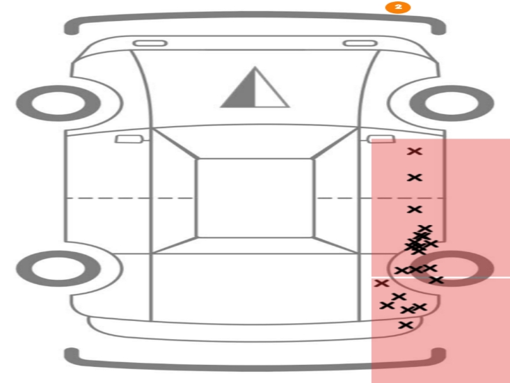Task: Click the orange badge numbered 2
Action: click(398, 7)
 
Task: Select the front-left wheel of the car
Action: click(58, 103)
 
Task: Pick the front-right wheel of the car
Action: click(452, 103)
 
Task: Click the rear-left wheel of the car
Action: click(58, 269)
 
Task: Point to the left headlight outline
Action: click(150, 43)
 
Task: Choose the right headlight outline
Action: click(360, 43)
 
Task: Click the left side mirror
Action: click(129, 139)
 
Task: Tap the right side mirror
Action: click(381, 139)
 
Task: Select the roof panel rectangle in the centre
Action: click(255, 198)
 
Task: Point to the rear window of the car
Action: click(255, 245)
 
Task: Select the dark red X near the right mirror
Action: click(415, 151)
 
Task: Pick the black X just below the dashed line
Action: click(415, 209)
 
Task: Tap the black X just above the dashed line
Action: click(415, 178)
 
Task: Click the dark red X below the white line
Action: click(381, 283)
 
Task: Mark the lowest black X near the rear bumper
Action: click(406, 325)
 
